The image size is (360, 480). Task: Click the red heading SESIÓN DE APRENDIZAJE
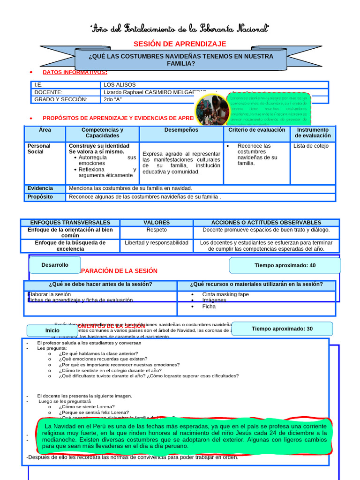[x=180, y=44]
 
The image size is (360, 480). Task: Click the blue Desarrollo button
[x=55, y=265]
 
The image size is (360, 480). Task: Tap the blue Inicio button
[x=52, y=330]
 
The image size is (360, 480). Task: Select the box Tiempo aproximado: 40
[x=285, y=265]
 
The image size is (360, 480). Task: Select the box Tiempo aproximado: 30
[x=282, y=329]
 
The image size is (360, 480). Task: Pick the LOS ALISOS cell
[x=120, y=85]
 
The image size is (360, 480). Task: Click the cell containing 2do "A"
[x=113, y=99]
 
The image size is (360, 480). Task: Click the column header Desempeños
[x=181, y=130]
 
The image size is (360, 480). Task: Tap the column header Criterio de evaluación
[x=256, y=130]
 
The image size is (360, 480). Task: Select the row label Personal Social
[x=39, y=149]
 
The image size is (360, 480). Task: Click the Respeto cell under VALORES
[x=156, y=230]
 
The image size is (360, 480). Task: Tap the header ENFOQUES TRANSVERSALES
[x=70, y=223]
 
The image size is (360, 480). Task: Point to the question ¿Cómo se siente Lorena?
[x=87, y=407]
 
